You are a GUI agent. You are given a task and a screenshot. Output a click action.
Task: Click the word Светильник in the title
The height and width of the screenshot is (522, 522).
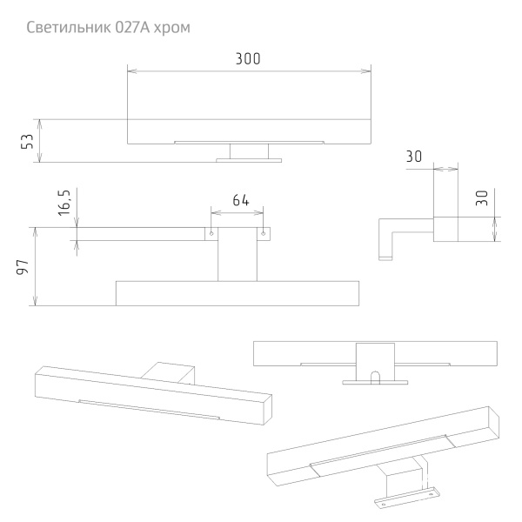click(x=68, y=27)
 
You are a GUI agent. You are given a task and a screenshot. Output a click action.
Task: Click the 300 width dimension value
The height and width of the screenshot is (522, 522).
click(x=248, y=58)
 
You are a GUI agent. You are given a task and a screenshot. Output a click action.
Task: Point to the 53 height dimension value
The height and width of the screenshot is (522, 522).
click(x=27, y=141)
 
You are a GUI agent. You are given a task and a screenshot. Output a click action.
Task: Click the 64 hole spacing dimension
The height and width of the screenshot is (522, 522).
click(x=239, y=200)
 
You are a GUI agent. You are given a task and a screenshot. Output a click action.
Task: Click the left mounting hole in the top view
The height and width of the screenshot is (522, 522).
click(x=211, y=232)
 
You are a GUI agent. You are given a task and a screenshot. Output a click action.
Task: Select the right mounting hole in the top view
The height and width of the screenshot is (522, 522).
click(x=263, y=232)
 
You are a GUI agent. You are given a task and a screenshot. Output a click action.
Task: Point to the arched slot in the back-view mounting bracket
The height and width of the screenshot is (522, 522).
click(x=375, y=377)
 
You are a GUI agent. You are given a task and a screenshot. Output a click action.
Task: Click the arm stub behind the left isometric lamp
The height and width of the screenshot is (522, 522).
click(x=171, y=372)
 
